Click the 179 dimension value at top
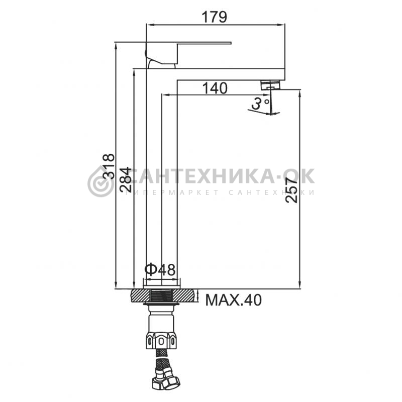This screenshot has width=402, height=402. click(215, 18)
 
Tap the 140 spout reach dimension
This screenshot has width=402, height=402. click(215, 88)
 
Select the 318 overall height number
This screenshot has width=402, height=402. click(109, 166)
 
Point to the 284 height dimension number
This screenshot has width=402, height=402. click(126, 179)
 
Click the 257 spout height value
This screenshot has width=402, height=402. click(292, 190)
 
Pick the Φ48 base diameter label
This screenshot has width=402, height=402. click(160, 270)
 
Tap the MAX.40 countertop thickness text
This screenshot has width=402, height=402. click(233, 300)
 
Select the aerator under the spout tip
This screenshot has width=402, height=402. click(271, 85)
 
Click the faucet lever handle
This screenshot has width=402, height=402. click(188, 53)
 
